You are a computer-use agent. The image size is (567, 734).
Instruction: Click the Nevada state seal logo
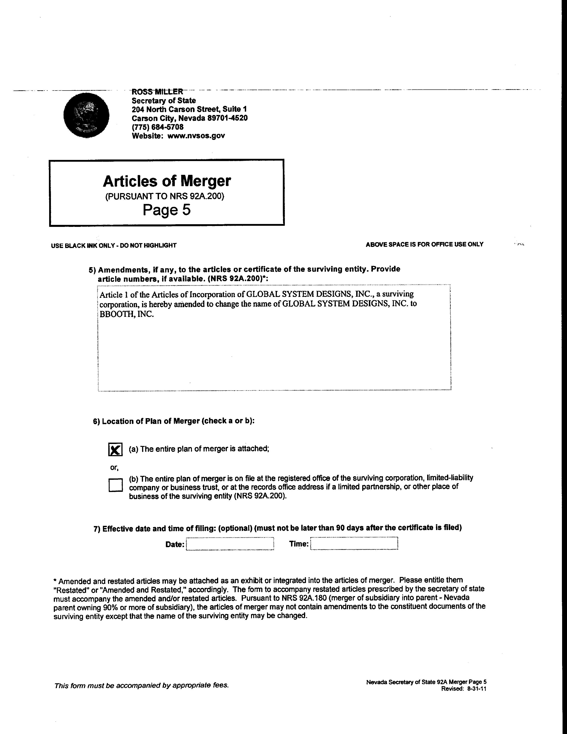click(86, 115)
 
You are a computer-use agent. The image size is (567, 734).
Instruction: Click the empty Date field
click(230, 544)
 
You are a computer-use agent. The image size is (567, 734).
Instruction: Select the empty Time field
click(354, 543)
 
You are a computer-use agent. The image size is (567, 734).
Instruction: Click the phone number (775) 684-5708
click(158, 127)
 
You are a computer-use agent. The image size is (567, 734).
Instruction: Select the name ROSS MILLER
click(157, 91)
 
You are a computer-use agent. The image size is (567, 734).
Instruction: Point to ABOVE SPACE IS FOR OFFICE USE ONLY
click(424, 244)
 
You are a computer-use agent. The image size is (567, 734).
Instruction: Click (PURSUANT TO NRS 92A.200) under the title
click(165, 196)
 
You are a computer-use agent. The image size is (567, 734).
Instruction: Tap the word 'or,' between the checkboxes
click(114, 468)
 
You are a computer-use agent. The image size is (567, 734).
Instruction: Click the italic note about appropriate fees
click(141, 685)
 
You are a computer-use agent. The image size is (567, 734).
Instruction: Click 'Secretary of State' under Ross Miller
click(164, 101)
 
